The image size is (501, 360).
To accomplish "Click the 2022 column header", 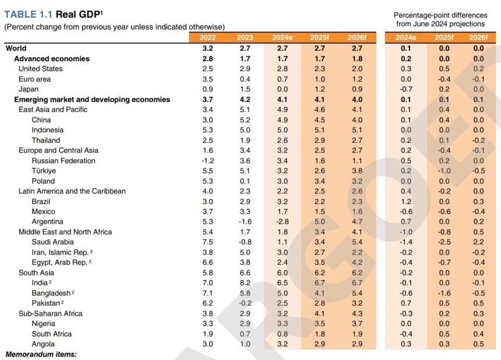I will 207,38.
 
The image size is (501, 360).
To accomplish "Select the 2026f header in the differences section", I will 478,38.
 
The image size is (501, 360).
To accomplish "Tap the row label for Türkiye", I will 44,171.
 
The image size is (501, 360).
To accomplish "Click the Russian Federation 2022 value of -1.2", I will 207,161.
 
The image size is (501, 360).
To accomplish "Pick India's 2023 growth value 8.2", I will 245,283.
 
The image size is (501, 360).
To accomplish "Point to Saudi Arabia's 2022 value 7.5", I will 207,242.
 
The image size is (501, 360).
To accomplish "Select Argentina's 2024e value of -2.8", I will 282,221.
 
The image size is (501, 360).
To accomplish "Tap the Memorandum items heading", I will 41,354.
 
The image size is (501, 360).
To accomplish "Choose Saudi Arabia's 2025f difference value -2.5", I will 444,242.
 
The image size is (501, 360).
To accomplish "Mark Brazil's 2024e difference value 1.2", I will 406,201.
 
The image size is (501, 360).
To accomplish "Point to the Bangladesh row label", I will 51,293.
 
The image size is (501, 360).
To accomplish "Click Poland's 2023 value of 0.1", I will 245,181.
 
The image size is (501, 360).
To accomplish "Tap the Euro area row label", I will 34,79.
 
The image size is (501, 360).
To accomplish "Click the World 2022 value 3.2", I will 207,48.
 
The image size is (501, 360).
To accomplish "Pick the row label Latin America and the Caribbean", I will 72,191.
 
